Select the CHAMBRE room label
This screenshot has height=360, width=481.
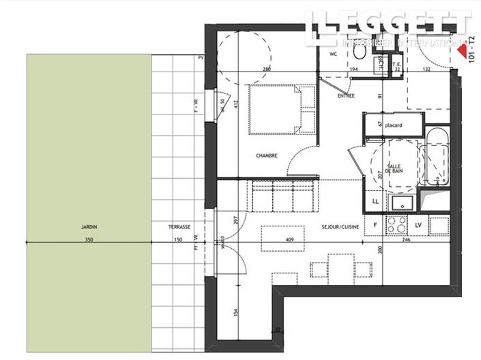pyautogui.click(x=266, y=156)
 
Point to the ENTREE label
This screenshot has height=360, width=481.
pyautogui.click(x=347, y=96)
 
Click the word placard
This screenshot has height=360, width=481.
pyautogui.click(x=394, y=125)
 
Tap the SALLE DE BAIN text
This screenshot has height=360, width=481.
pyautogui.click(x=394, y=170)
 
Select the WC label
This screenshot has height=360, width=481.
pyautogui.click(x=334, y=53)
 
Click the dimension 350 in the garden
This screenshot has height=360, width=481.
pyautogui.click(x=88, y=240)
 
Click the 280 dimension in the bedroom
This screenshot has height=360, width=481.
pyautogui.click(x=267, y=70)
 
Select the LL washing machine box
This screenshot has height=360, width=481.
pyautogui.click(x=375, y=202)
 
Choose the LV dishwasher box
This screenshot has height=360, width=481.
pyautogui.click(x=418, y=224)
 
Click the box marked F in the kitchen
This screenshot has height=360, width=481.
pyautogui.click(x=375, y=224)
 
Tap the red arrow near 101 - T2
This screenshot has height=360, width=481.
pyautogui.click(x=463, y=51)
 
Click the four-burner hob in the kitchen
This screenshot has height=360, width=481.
pyautogui.click(x=396, y=224)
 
